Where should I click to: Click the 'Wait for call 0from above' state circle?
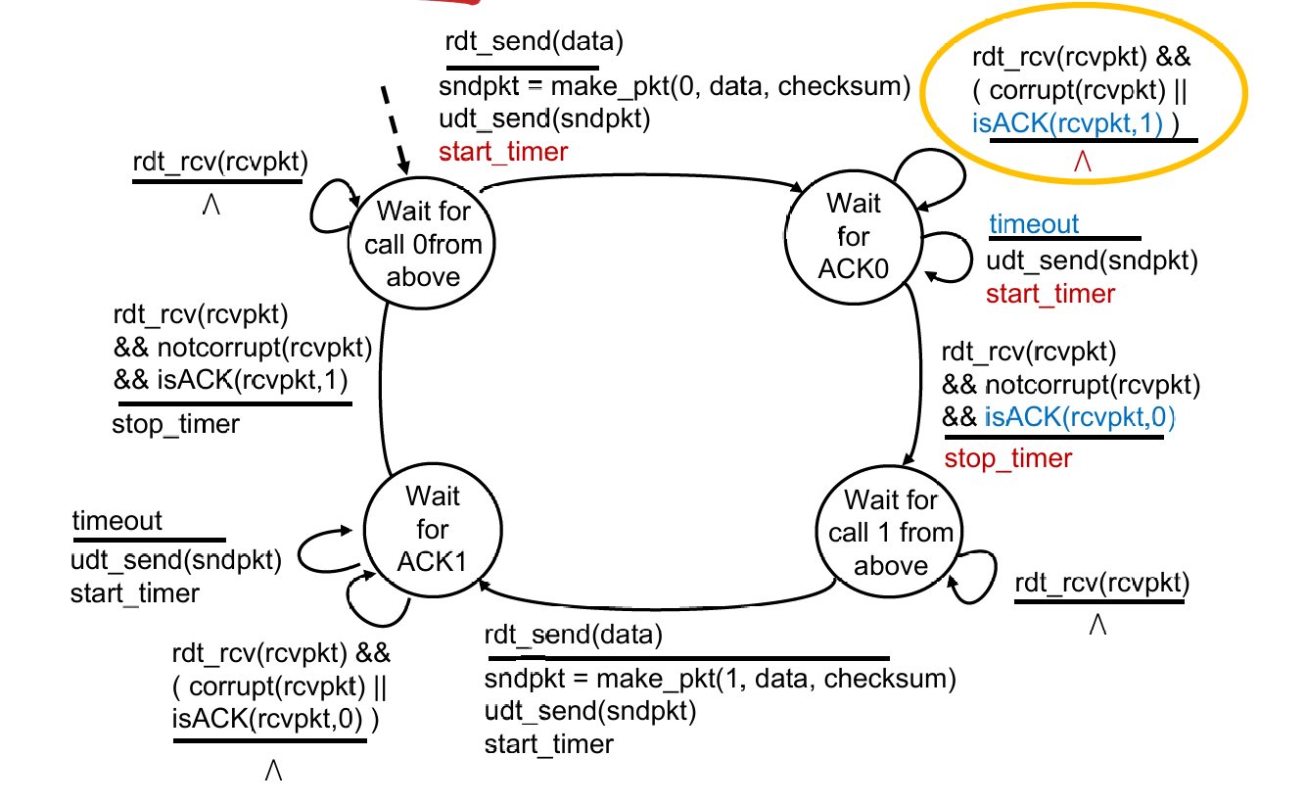click(x=423, y=244)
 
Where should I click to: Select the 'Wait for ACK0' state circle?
click(x=854, y=236)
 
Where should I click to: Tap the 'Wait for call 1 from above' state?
click(x=890, y=533)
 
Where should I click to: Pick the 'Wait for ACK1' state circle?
click(x=432, y=530)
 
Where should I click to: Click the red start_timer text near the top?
click(x=503, y=152)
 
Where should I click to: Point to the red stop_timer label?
click(x=1007, y=458)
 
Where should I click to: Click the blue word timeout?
click(x=1034, y=224)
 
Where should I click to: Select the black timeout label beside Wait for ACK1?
click(x=117, y=521)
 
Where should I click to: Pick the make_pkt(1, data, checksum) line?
click(x=720, y=679)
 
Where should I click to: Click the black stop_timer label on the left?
click(x=175, y=423)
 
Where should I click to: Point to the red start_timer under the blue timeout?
click(x=1050, y=294)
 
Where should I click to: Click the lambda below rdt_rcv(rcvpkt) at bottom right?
click(x=1098, y=625)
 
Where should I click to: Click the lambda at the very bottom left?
click(x=274, y=771)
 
